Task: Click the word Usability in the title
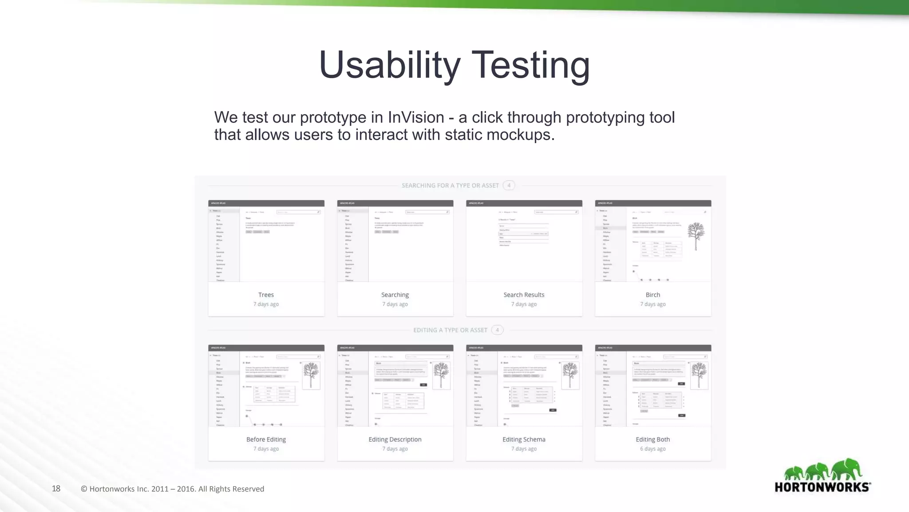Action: (x=390, y=65)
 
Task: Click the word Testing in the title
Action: (x=530, y=65)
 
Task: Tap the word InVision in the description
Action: (x=416, y=117)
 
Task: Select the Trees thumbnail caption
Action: (x=266, y=295)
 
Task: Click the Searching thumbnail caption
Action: (x=395, y=295)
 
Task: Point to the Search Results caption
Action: (x=524, y=295)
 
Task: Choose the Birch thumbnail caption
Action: (x=652, y=295)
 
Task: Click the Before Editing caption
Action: (x=266, y=439)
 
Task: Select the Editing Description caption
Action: (x=395, y=439)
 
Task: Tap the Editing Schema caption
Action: (x=524, y=439)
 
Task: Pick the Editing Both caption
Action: (x=652, y=439)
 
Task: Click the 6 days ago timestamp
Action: (x=652, y=449)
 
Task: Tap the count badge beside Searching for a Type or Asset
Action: (x=509, y=185)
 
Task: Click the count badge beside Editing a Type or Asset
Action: (x=497, y=330)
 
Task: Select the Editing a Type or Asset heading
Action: (x=450, y=330)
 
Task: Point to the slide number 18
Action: (x=56, y=488)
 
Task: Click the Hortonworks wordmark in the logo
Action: (x=822, y=487)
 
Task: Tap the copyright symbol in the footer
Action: (x=84, y=489)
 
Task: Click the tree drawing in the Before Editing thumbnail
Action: (x=311, y=375)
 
